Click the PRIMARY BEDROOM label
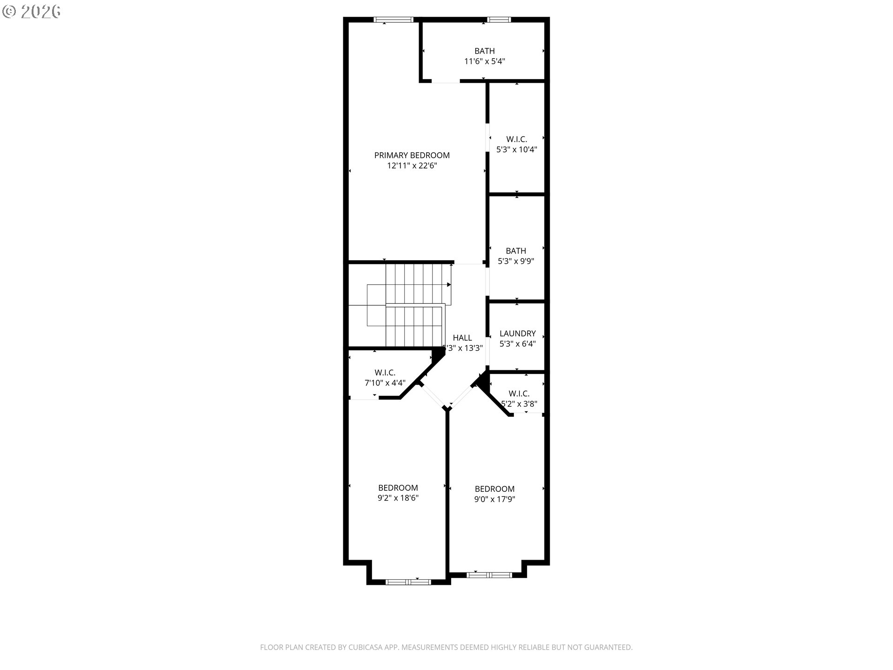point(412,155)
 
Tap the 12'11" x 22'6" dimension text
point(412,166)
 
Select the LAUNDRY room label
point(518,334)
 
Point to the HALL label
point(462,338)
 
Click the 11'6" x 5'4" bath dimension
point(485,61)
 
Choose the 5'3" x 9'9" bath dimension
point(516,261)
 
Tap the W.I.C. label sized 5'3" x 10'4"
point(517,139)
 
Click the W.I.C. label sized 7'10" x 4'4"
point(385,373)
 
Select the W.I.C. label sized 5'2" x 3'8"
point(519,394)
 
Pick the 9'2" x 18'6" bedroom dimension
point(398,498)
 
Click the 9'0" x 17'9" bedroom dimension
point(494,499)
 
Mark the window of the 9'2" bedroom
point(408,582)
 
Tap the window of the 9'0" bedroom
point(489,575)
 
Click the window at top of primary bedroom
point(393,20)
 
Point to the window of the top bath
point(499,20)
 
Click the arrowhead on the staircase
point(449,284)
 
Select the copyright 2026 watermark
point(31,12)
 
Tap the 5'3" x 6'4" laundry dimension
point(518,344)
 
